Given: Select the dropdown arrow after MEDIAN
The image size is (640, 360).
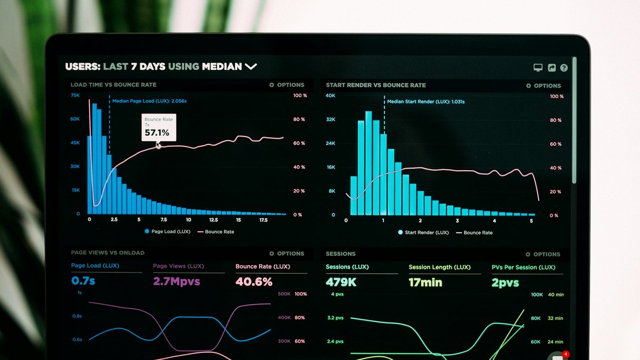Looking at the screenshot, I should point(251,67).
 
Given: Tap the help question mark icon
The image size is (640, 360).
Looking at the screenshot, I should point(564,68).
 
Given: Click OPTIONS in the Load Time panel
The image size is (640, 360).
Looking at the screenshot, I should point(287,85).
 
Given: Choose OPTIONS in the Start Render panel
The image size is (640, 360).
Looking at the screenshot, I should point(543,85).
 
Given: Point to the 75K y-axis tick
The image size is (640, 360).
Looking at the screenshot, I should point(75,95).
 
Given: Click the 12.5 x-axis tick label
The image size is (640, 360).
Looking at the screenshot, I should point(213,220).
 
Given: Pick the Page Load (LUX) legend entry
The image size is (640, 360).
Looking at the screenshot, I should point(167,231).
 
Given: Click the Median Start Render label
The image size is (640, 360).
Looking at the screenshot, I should point(425,101).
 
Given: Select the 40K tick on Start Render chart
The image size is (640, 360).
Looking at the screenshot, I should point(331,95).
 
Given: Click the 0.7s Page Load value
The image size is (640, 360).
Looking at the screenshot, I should point(83,281).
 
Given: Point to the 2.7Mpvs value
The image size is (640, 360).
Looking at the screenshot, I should point(177,281).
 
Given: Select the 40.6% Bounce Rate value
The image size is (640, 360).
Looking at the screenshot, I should point(254,282).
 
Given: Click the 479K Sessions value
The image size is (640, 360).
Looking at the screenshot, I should point(341,282).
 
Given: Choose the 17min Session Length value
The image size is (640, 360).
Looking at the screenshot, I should point(425,283).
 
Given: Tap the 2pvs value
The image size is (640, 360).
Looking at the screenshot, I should point(505,283).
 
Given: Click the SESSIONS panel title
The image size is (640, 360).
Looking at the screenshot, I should point(340,254).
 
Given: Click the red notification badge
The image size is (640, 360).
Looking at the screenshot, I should point(566,354).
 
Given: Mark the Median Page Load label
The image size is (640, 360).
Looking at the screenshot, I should point(149,101).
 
